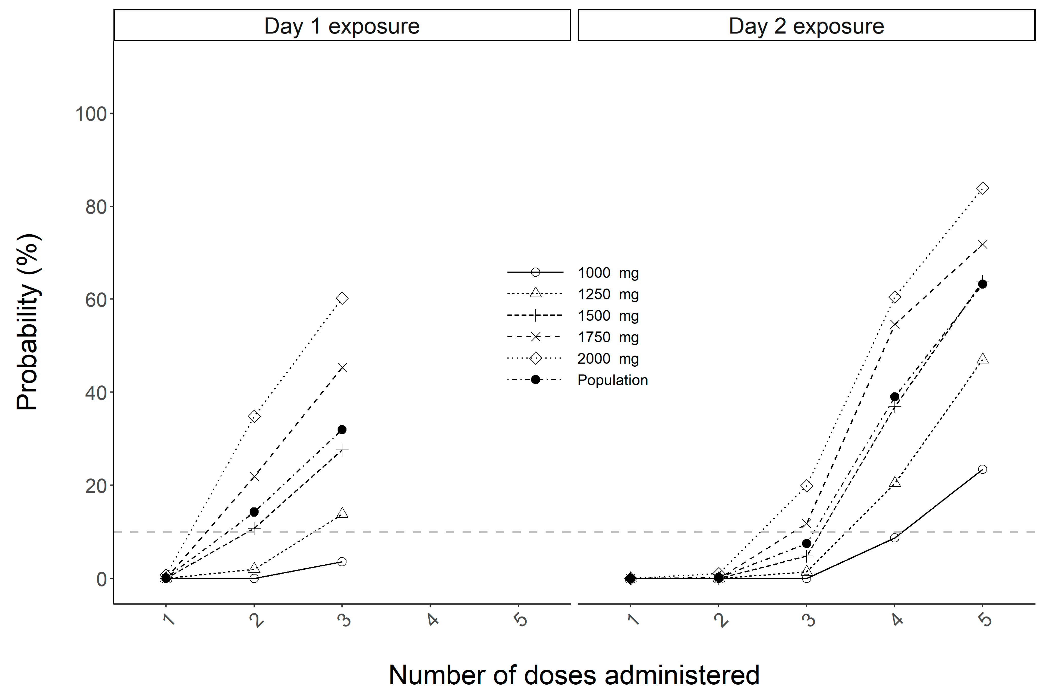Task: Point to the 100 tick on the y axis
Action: point(91,114)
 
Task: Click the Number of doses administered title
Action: point(574,675)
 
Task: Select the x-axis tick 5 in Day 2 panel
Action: point(985,619)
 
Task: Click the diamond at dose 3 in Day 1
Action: point(342,298)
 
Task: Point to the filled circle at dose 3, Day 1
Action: point(342,430)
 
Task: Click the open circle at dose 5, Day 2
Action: point(983,469)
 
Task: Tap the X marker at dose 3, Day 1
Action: point(342,368)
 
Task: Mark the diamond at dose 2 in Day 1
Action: point(254,416)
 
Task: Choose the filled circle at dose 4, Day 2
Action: point(895,397)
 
